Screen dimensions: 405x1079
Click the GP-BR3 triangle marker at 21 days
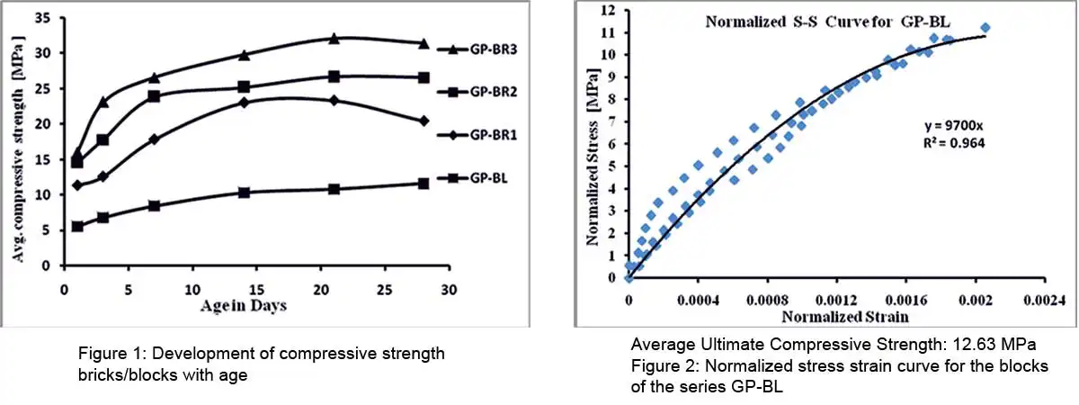[x=334, y=39]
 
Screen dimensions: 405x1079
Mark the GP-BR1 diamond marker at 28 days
[x=424, y=121]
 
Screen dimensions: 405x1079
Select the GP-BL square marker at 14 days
[x=244, y=193]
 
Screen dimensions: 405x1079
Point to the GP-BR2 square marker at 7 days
[x=154, y=95]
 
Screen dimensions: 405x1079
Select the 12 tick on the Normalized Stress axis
[x=612, y=11]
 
